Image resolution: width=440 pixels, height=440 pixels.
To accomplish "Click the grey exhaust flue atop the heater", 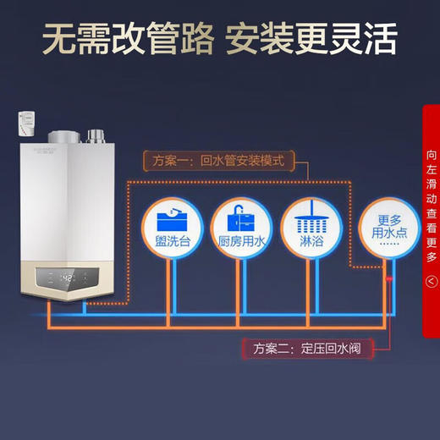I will pos(66,139).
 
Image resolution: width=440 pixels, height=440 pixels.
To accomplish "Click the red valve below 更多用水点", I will pos(389,278).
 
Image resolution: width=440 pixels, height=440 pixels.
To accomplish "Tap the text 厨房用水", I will pos(242,243).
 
